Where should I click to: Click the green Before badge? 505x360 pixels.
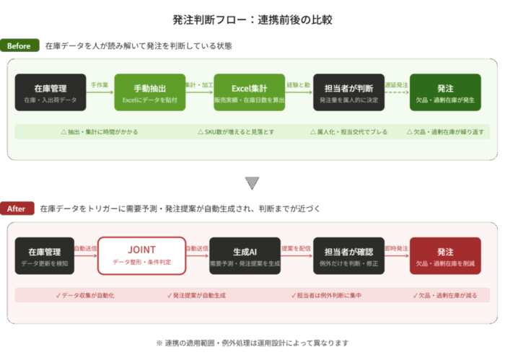[x=19, y=46]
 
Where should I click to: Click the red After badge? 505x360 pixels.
[x=17, y=208]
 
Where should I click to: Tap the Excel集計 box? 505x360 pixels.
[x=250, y=92]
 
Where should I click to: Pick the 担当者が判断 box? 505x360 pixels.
[x=349, y=92]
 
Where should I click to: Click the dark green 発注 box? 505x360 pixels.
[x=445, y=92]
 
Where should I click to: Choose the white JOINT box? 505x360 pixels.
[x=141, y=255]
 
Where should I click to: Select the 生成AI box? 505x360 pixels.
[x=245, y=255]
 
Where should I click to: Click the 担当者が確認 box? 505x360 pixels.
[x=349, y=255]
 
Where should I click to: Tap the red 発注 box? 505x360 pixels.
[x=445, y=255]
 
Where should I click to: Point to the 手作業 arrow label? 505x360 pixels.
[x=100, y=85]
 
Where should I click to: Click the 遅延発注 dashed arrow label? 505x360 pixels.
[x=397, y=85]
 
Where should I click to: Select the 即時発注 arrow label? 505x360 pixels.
[x=397, y=248]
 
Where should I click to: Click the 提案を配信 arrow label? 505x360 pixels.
[x=297, y=248]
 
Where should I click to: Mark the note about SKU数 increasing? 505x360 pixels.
[x=234, y=132]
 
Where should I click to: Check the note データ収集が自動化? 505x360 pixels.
[x=85, y=295]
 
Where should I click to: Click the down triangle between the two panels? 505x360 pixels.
[x=252, y=183]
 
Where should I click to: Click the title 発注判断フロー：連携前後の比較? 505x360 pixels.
[x=252, y=19]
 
